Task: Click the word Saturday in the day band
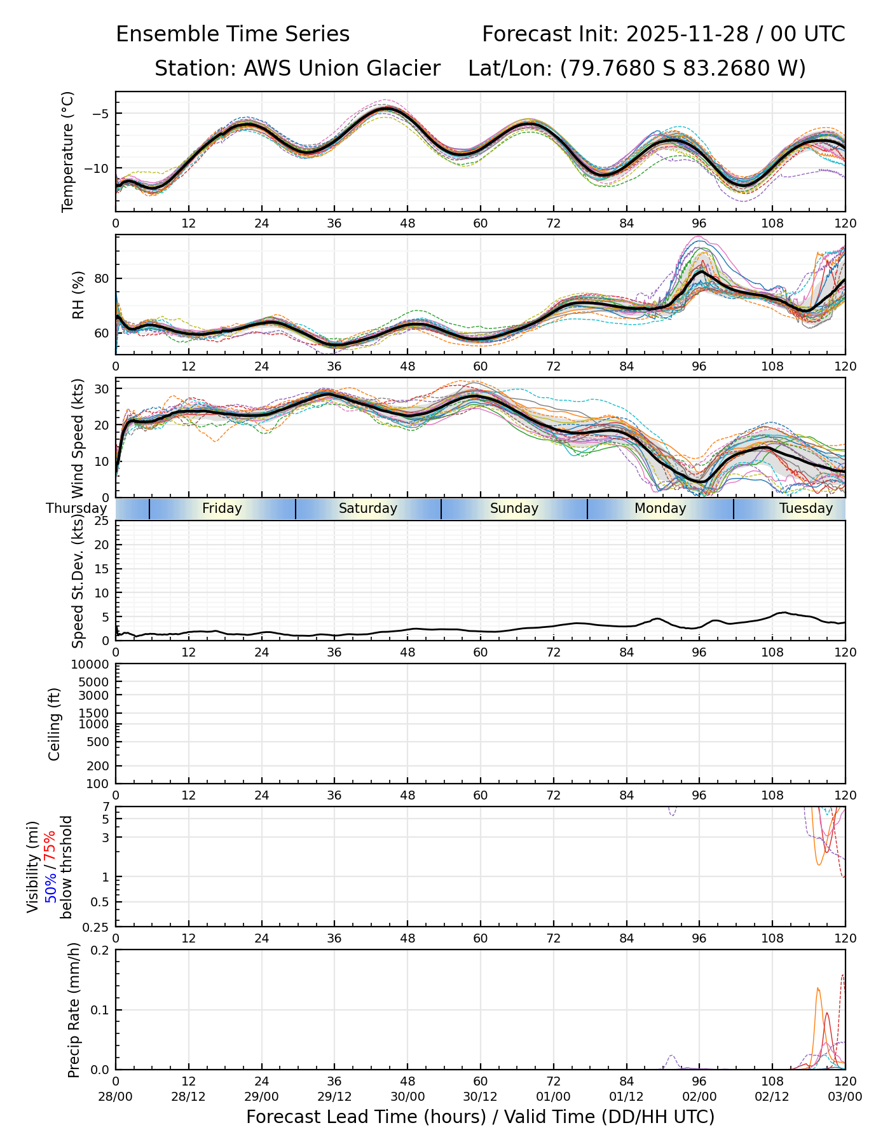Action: [367, 508]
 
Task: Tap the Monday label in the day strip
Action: [660, 508]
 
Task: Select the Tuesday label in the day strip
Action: [805, 508]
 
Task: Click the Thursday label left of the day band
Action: [76, 508]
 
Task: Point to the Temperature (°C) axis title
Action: [68, 151]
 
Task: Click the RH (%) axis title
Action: [78, 295]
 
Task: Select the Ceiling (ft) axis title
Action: [55, 724]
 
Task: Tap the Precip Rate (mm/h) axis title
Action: [74, 1009]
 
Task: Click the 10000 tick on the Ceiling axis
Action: [92, 665]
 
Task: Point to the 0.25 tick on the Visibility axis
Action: [97, 927]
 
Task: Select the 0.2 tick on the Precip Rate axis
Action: [100, 950]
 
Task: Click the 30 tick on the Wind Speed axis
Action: [102, 389]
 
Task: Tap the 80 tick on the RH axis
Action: [102, 278]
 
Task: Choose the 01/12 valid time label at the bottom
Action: [626, 1096]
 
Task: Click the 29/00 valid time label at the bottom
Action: [261, 1096]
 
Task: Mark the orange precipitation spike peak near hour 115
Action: [818, 988]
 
